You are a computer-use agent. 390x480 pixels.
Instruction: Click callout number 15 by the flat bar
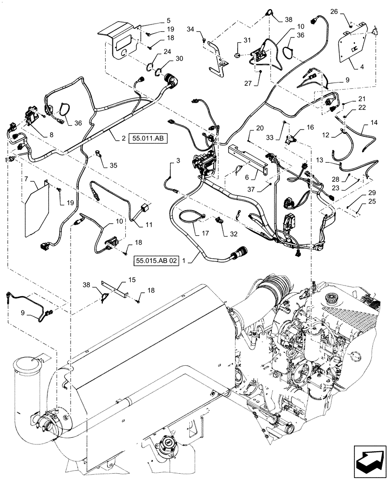[131, 279]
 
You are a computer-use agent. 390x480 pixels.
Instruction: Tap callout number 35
[114, 166]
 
